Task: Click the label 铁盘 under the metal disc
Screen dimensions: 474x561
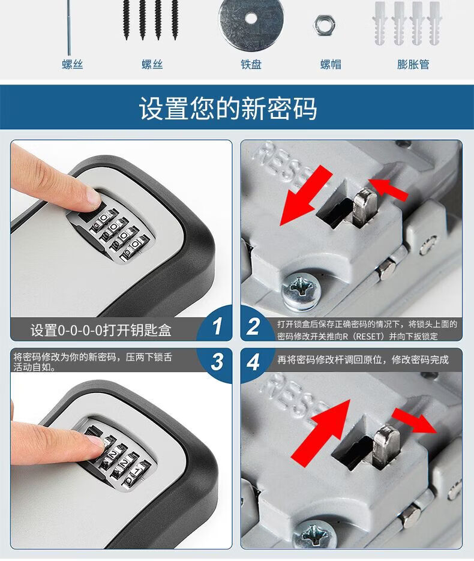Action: tap(251, 64)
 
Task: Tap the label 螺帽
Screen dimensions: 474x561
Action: tap(331, 64)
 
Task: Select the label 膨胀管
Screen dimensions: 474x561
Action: tap(413, 64)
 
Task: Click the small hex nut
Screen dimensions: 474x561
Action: tap(324, 25)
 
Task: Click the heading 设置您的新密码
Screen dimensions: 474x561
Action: tap(228, 108)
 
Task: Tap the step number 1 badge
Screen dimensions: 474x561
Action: tap(217, 326)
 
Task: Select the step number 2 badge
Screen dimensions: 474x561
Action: tap(253, 326)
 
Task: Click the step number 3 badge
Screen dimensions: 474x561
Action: tap(217, 361)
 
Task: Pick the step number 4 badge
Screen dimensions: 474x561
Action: tap(253, 362)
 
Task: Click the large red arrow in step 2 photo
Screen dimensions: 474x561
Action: tap(306, 195)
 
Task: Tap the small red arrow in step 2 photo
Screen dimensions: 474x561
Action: tap(388, 188)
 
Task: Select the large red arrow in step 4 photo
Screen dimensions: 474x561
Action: tap(320, 433)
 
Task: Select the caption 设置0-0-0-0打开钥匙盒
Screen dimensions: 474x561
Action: tap(101, 330)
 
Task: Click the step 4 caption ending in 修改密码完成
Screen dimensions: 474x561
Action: tap(363, 359)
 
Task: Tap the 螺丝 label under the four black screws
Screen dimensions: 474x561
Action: tap(152, 64)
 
